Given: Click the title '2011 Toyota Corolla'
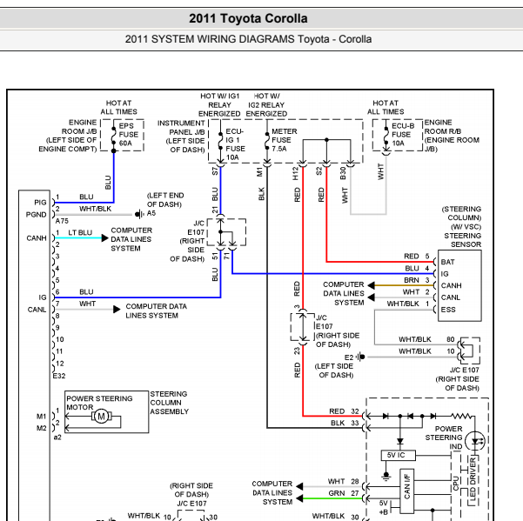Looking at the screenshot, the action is click(x=248, y=18).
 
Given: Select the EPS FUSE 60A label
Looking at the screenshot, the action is click(x=129, y=135).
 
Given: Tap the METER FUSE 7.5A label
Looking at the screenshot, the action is click(x=284, y=140).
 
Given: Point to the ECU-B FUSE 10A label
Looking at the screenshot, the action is click(x=403, y=135).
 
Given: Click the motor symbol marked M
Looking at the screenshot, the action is click(x=101, y=417).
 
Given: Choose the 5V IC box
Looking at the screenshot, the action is click(x=398, y=456).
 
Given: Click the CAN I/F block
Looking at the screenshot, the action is click(x=407, y=491).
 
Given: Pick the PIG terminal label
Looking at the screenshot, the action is click(x=40, y=203).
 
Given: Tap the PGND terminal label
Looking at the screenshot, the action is click(x=36, y=214).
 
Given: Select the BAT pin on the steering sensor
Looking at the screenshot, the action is click(x=447, y=262).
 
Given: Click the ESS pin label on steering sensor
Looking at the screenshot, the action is click(x=448, y=310).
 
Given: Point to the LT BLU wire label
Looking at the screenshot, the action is click(x=80, y=232).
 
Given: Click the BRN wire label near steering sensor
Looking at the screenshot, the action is click(x=412, y=280).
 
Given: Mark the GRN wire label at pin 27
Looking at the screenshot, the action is click(x=336, y=493).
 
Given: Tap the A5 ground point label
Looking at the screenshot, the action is click(x=151, y=213).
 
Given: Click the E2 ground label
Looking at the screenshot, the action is click(x=349, y=357).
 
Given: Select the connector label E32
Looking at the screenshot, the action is click(x=59, y=376).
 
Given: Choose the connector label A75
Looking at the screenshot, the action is click(x=62, y=221).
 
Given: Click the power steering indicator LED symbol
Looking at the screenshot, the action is click(x=475, y=441).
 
